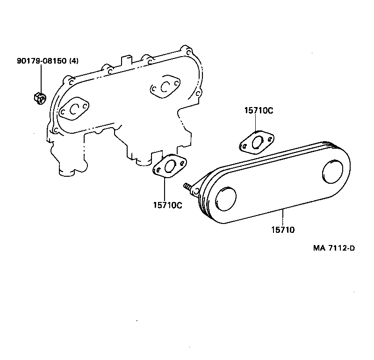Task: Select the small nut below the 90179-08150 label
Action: point(40,98)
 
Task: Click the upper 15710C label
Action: point(259,111)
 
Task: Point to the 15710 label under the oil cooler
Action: point(283,230)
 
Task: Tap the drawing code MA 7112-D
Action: point(333,248)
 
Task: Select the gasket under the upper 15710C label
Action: point(256,142)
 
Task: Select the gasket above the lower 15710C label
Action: point(170,167)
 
